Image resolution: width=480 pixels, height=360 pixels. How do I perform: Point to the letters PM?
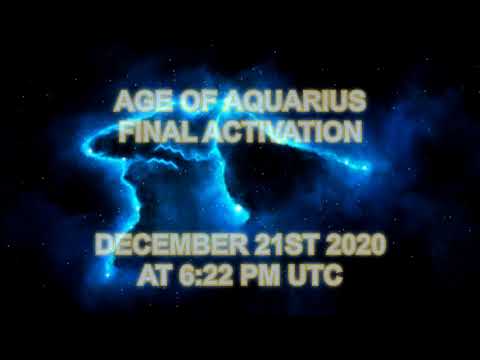pyautogui.click(x=262, y=274)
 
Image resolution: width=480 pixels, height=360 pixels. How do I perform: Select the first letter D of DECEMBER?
pyautogui.click(x=103, y=246)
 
